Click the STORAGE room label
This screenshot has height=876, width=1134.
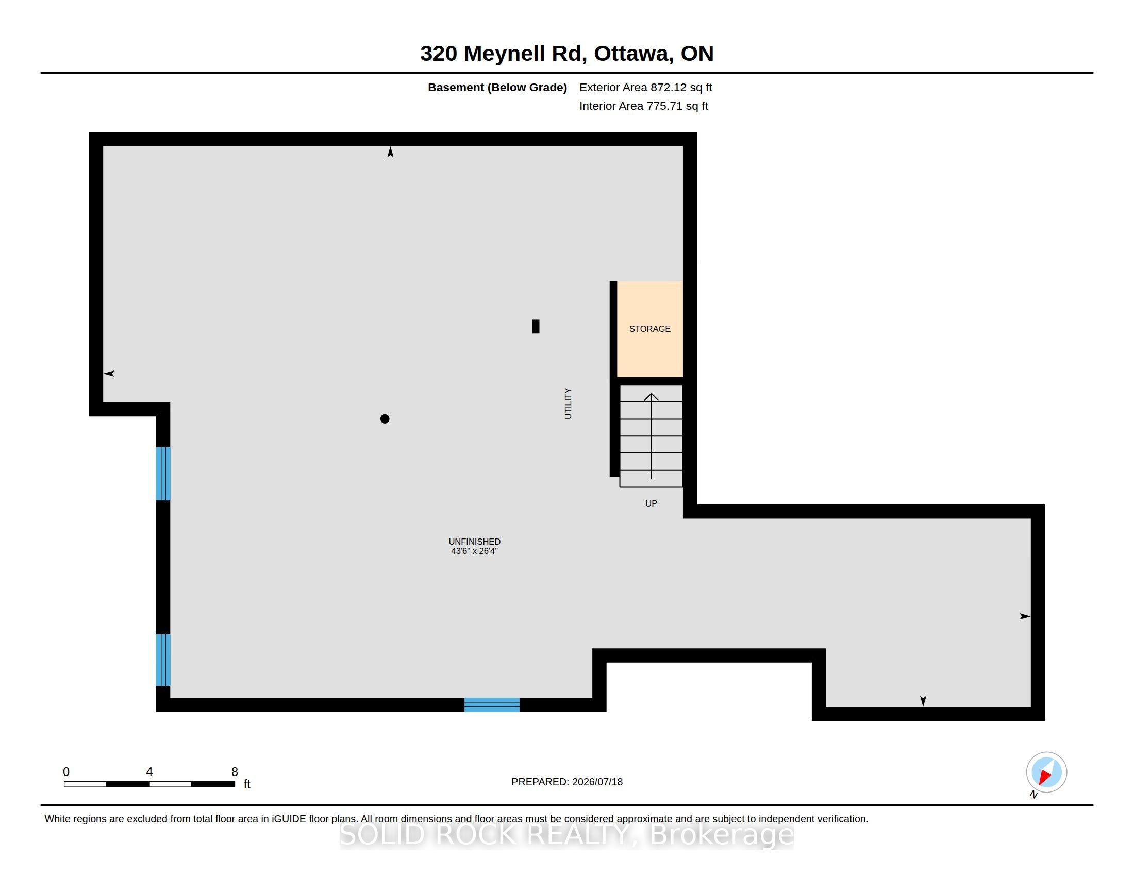[649, 329]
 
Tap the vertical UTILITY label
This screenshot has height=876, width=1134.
[568, 403]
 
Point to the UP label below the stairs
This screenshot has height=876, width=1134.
[651, 503]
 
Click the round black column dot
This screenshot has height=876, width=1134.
[385, 419]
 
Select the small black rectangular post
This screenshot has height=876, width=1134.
[536, 326]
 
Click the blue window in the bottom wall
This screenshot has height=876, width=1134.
[492, 705]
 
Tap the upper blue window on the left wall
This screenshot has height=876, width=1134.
[163, 474]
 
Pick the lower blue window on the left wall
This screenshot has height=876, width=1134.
[163, 660]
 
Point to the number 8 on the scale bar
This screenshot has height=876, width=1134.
[235, 772]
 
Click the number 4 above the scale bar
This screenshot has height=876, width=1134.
[149, 772]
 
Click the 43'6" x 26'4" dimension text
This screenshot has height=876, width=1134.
[475, 551]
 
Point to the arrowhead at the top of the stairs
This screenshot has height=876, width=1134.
[651, 397]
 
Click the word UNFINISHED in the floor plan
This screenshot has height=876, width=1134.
[475, 542]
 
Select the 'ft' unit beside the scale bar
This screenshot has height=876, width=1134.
[247, 784]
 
